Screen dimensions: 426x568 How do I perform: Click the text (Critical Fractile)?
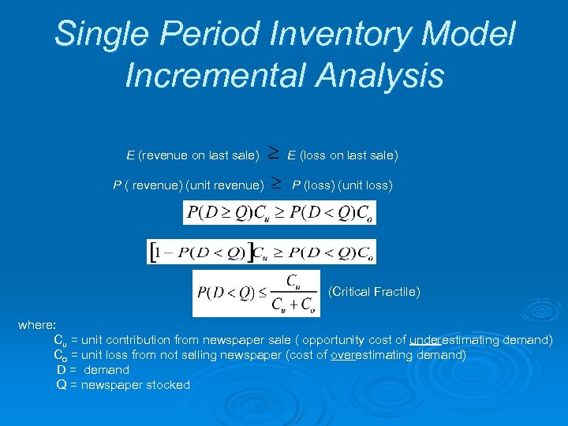[373, 292]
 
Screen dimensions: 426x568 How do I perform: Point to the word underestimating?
[459, 340]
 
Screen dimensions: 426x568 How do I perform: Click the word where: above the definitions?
[37, 325]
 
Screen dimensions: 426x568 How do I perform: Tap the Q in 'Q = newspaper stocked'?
[62, 385]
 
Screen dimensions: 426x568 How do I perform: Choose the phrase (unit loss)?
[365, 186]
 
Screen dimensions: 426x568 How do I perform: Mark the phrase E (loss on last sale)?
[343, 156]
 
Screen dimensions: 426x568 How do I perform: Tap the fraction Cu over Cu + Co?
[293, 293]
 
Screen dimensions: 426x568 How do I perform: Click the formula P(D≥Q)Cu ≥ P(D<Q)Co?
[279, 212]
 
